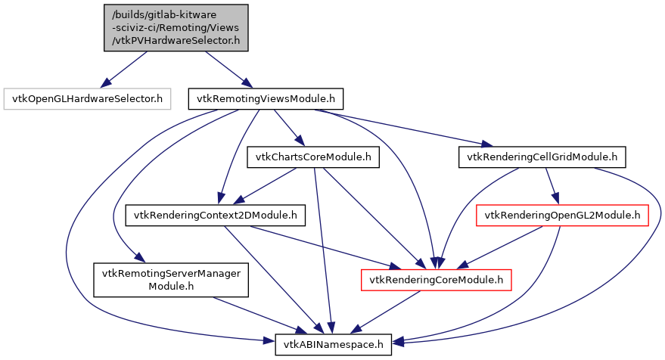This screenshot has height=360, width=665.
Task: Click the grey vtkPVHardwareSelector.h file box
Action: click(x=176, y=27)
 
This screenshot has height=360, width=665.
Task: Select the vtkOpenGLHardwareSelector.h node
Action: click(x=87, y=98)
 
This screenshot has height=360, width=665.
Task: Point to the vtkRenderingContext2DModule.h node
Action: click(x=215, y=216)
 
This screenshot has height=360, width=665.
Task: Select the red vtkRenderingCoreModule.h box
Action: click(x=437, y=280)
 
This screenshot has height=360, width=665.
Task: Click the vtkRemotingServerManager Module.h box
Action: click(x=171, y=280)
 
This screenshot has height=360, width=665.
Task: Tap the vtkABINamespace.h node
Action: click(x=334, y=344)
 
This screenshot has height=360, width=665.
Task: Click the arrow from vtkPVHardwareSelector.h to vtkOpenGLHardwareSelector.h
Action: click(x=124, y=69)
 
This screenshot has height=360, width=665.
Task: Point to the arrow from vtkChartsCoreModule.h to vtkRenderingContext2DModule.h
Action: click(x=265, y=186)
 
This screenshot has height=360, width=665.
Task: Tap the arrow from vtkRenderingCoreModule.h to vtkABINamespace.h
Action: click(x=387, y=312)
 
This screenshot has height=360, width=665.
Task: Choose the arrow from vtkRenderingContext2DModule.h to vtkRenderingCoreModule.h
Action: click(x=325, y=247)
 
